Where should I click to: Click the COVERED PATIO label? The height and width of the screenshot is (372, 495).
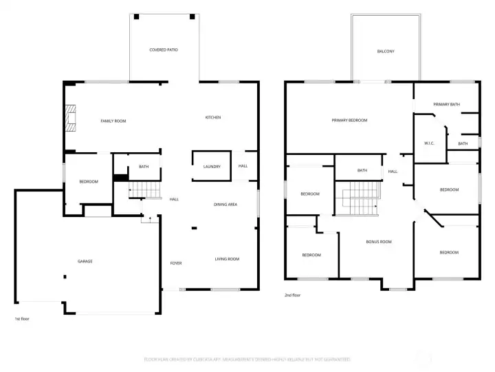[x=164, y=50]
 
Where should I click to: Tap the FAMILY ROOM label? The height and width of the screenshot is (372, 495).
[x=113, y=121]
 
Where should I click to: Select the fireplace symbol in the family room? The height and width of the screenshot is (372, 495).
[x=71, y=118]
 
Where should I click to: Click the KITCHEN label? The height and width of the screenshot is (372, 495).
[x=213, y=118]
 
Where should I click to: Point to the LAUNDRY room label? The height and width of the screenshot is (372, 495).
[x=212, y=167]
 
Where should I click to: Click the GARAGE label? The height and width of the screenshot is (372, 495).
[x=85, y=261]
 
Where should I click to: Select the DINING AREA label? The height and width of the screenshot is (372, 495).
[x=225, y=205]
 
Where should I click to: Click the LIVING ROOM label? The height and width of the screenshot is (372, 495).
[x=227, y=259]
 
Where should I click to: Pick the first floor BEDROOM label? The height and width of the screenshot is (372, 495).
[x=89, y=182]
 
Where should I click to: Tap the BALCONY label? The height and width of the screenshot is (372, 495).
[x=386, y=52]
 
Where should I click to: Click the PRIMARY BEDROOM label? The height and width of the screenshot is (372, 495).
[x=349, y=121]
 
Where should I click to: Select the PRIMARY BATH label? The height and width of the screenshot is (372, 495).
[x=446, y=104]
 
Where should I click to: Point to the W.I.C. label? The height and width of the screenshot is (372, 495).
[x=428, y=143]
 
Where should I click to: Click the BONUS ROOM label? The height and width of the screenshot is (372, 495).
[x=378, y=242]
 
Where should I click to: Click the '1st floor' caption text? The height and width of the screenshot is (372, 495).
[x=22, y=319]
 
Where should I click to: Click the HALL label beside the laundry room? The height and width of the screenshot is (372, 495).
[x=243, y=166]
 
